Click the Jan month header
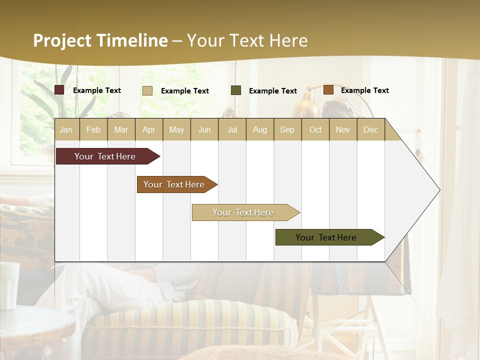(66, 129)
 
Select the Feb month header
(93, 129)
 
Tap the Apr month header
(148, 129)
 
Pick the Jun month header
(204, 129)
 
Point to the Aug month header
(259, 129)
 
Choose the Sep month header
(287, 129)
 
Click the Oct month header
(315, 129)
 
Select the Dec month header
(370, 129)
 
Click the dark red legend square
(59, 90)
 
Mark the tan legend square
(147, 90)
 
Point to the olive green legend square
(236, 90)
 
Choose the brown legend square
(328, 90)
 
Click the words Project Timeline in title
(100, 40)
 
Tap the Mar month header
(121, 129)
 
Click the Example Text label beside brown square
(364, 90)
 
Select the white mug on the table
(9, 285)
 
